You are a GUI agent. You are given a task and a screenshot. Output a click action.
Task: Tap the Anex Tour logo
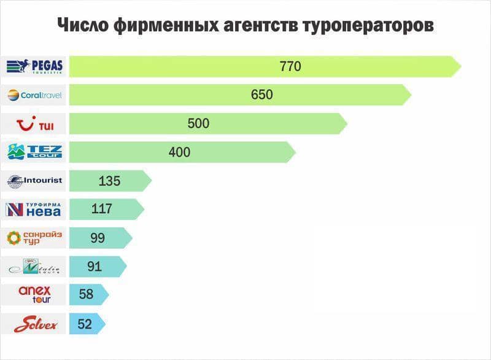pos(34,295)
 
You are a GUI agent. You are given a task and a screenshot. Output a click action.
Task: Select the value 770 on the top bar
pos(290,66)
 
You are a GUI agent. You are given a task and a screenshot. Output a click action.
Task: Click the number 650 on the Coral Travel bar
pos(261,95)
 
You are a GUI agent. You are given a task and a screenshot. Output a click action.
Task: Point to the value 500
pos(198,123)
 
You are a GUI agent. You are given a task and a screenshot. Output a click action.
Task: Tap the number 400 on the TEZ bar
pos(179,152)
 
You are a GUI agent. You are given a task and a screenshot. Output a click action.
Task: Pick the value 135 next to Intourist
pos(109,181)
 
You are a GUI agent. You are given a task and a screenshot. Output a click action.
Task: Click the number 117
pos(101,209)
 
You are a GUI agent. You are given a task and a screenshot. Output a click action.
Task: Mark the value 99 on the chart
pos(98,238)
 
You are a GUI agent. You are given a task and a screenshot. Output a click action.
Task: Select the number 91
pos(95,267)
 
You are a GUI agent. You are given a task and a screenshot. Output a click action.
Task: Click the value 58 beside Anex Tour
pos(86,295)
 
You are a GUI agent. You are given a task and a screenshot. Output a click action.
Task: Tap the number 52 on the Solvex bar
pos(85,324)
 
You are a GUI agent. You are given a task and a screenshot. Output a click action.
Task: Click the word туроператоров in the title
pos(362,25)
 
